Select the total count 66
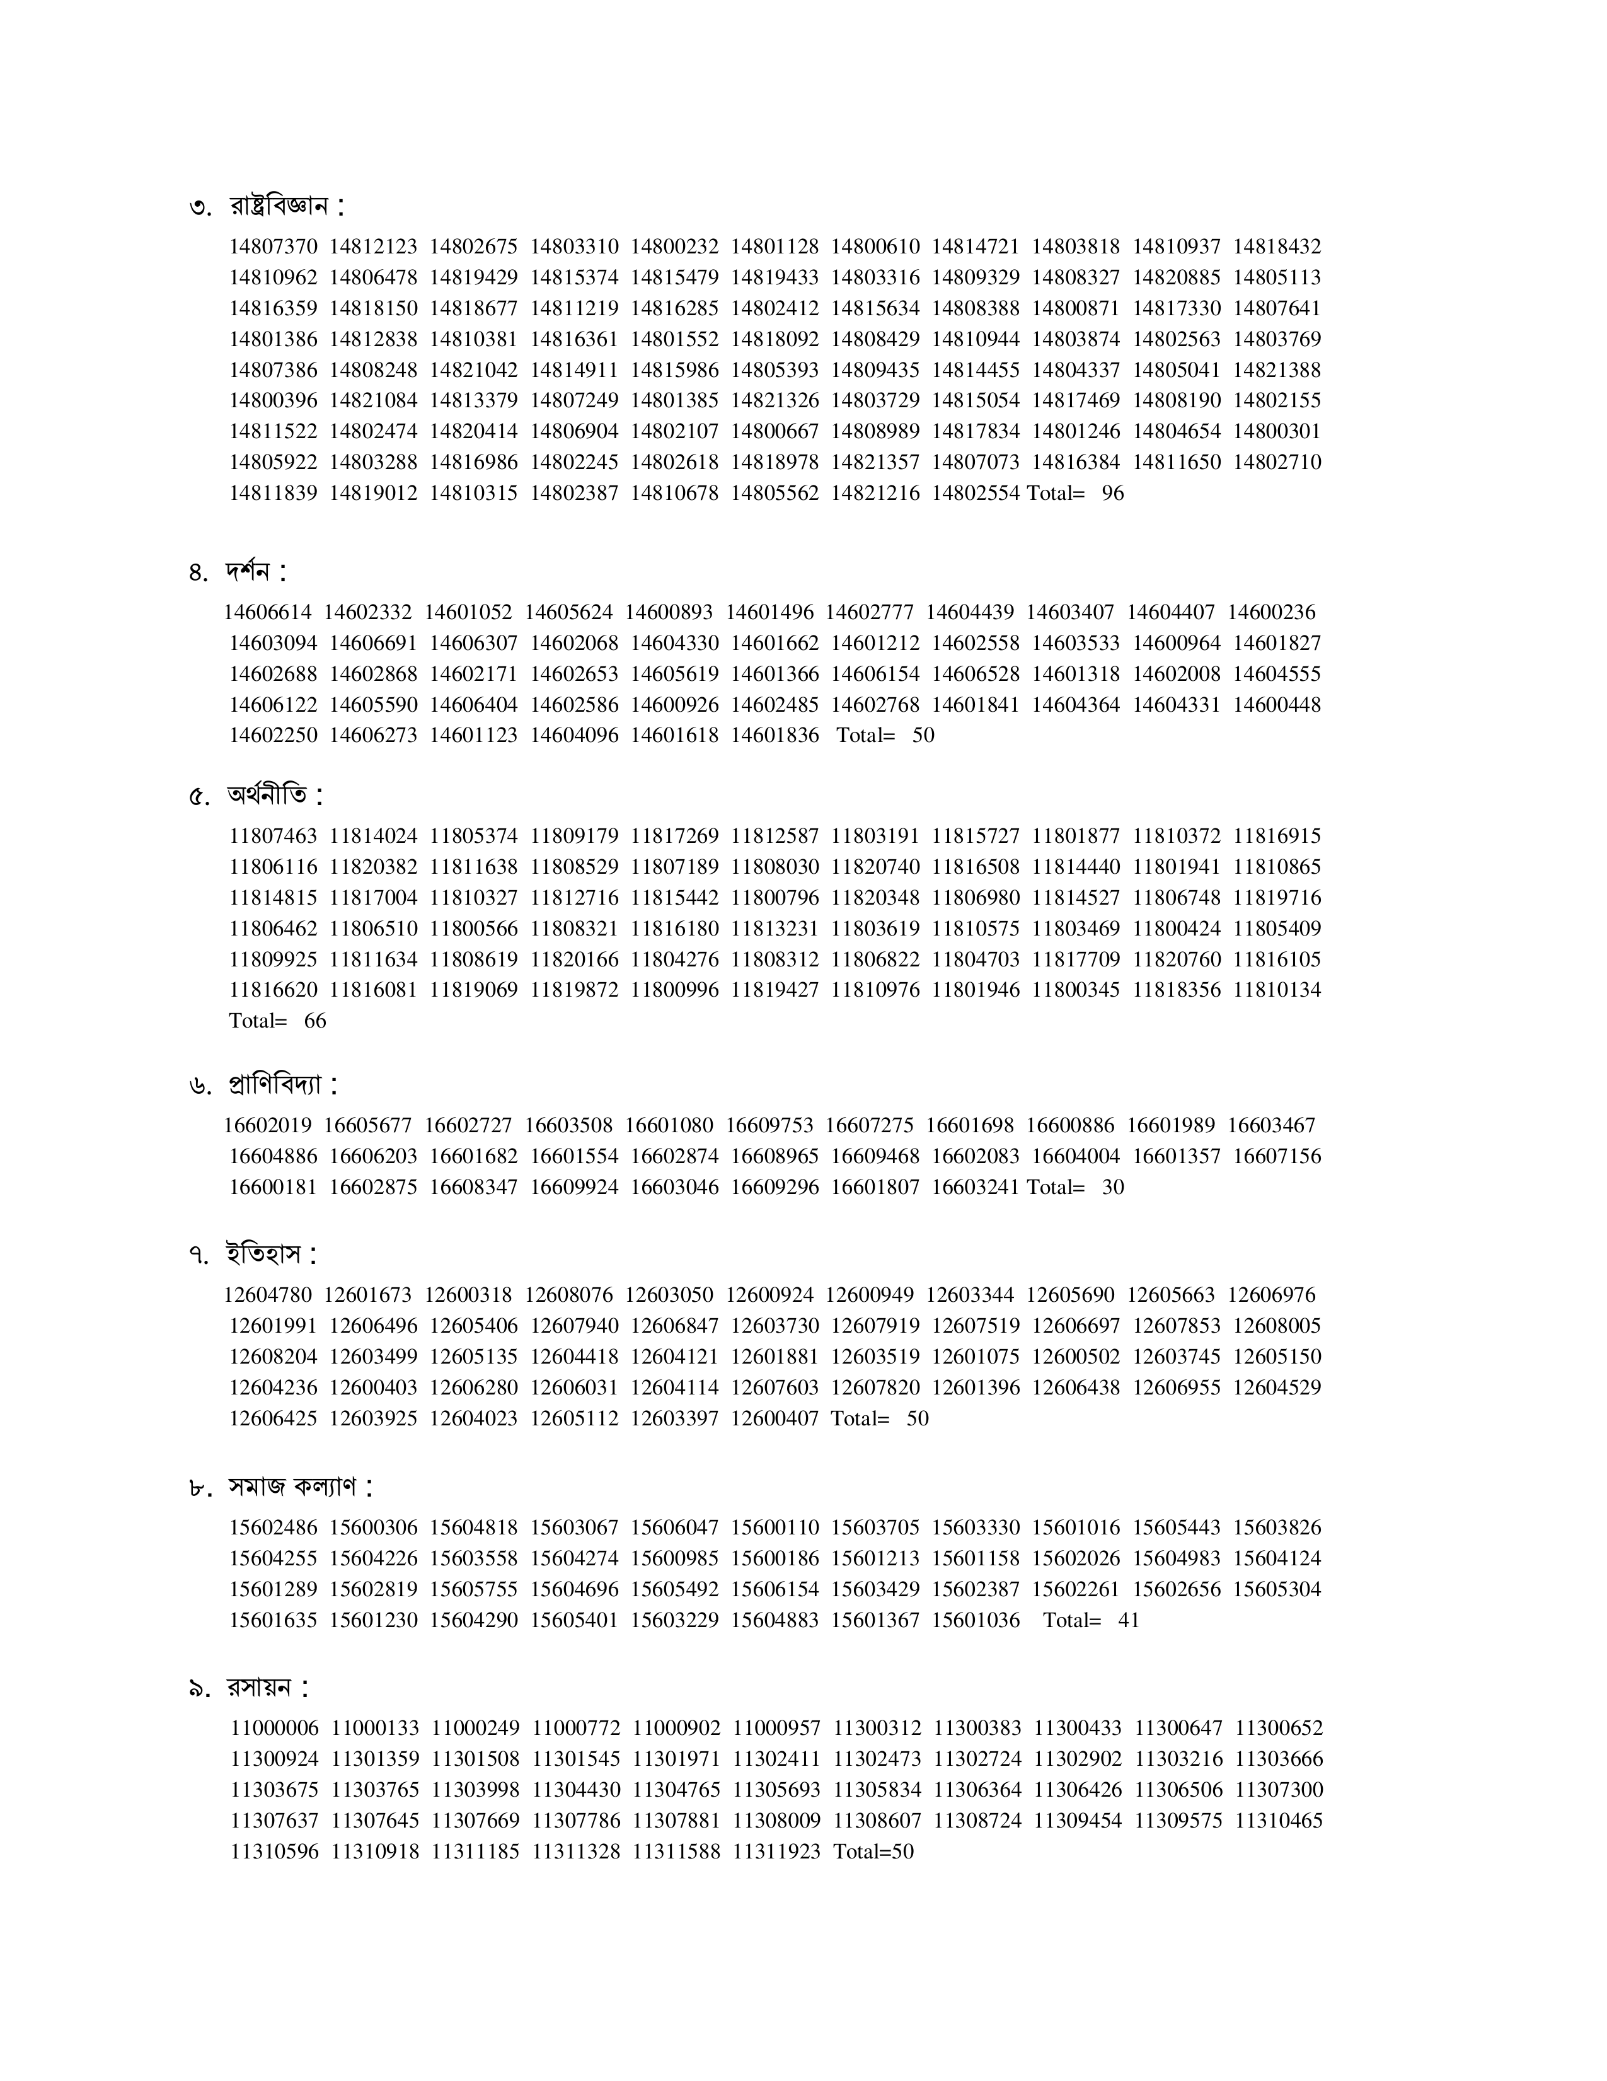click(314, 1021)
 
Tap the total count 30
click(1113, 1187)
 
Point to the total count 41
click(1128, 1621)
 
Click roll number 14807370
click(274, 246)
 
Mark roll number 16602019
click(268, 1125)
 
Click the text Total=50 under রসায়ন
click(873, 1852)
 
